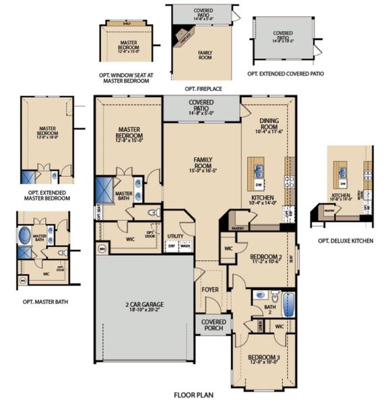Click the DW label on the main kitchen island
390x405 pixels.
259,184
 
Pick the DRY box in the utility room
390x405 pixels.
172,246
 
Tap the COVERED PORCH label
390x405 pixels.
214,325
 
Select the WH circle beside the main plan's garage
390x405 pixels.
102,248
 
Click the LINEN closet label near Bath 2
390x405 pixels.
260,326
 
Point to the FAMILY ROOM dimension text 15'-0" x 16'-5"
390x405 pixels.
203,171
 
